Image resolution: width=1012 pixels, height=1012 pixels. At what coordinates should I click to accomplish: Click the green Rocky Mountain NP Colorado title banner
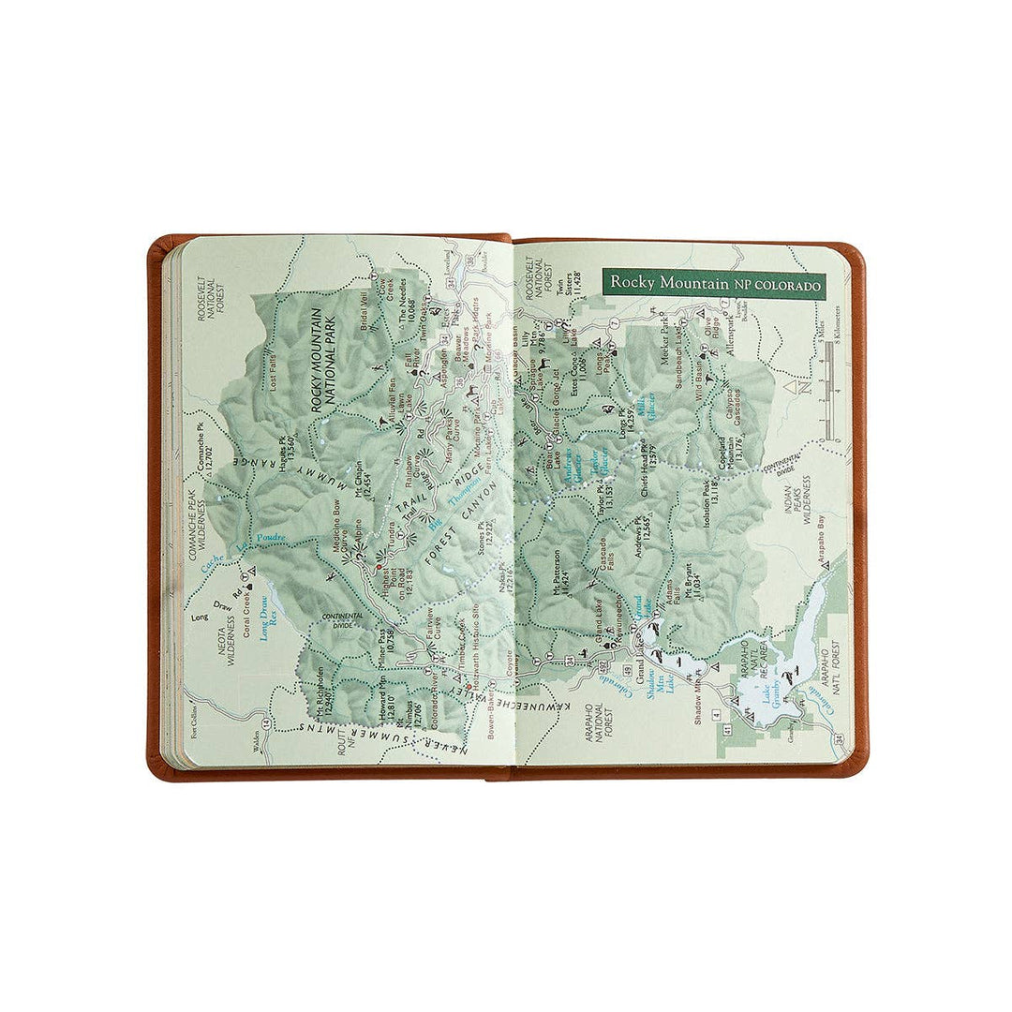tap(713, 283)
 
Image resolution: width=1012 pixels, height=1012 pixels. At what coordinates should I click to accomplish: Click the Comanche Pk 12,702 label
tap(201, 450)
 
